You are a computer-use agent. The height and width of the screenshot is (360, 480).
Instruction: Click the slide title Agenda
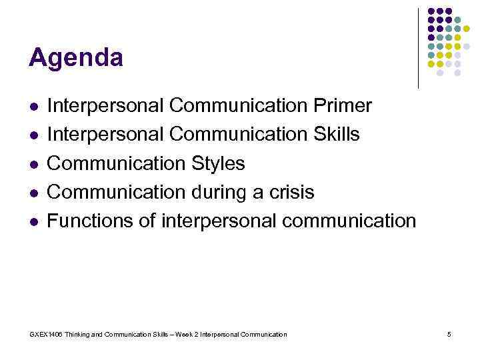[75, 58]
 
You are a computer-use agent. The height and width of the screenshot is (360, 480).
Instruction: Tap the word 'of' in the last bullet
[149, 221]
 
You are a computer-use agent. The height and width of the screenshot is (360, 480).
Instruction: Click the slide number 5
[449, 334]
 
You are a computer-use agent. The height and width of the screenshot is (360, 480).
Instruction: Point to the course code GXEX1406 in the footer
[45, 334]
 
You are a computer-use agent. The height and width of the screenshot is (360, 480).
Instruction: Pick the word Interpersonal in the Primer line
[106, 105]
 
